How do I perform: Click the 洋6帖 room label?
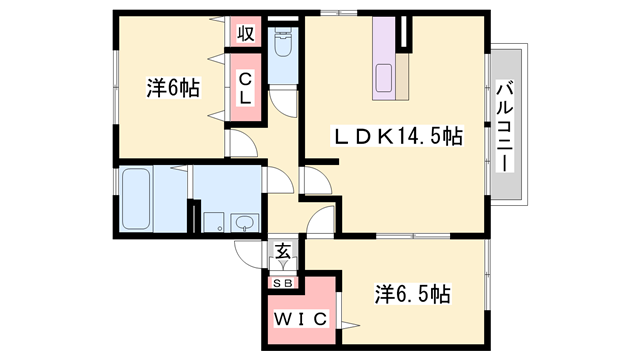click(x=173, y=88)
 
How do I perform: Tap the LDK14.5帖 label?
click(x=398, y=136)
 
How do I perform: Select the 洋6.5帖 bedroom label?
click(x=413, y=294)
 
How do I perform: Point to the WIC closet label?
click(x=300, y=319)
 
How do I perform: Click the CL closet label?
click(x=245, y=88)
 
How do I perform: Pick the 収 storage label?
click(x=246, y=33)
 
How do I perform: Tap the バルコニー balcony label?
click(x=505, y=126)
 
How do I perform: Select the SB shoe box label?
click(x=282, y=282)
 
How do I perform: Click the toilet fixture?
click(x=282, y=42)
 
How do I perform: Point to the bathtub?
click(x=136, y=199)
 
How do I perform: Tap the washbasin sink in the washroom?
click(x=244, y=223)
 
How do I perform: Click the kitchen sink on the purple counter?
click(x=384, y=78)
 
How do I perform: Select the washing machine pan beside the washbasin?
click(x=214, y=222)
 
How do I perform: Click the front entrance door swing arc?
click(x=248, y=255)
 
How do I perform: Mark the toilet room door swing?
click(x=283, y=103)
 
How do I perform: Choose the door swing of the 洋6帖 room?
click(x=244, y=143)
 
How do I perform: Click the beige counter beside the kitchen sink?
click(x=402, y=76)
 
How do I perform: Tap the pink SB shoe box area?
click(x=282, y=282)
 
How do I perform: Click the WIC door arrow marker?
click(x=351, y=325)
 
